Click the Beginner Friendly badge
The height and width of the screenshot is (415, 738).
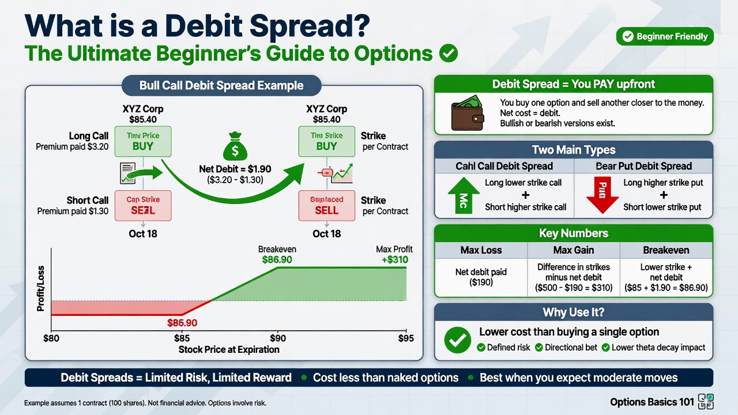pos(665,36)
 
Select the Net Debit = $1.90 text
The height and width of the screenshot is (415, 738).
pos(235,170)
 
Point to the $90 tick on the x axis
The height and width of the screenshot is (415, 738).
pos(278,338)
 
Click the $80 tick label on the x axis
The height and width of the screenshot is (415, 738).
pos(51,338)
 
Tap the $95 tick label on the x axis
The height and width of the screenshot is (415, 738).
pos(406,338)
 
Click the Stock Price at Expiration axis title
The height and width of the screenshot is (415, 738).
pos(229,349)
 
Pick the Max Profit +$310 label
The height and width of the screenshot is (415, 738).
pos(394,255)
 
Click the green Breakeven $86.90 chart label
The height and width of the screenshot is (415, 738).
pos(277,255)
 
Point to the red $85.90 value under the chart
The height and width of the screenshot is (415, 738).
pos(182,323)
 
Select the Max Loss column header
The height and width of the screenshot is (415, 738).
pos(481,250)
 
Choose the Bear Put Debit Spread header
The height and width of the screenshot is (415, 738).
pos(643,166)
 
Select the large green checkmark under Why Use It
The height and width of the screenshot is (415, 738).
pos(457,340)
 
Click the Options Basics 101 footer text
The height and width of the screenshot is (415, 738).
pos(652,402)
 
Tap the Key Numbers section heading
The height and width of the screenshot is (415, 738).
pos(574,233)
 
